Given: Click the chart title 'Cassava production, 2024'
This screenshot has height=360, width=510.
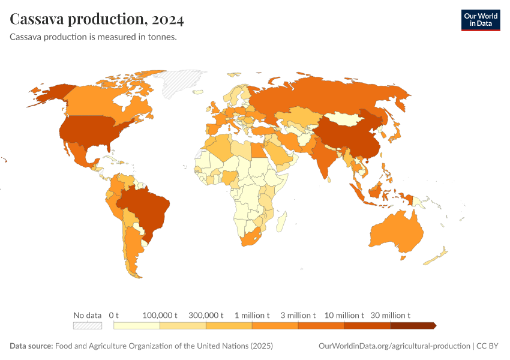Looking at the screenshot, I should pyautogui.click(x=97, y=19).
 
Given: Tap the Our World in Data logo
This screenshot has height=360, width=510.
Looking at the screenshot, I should pyautogui.click(x=480, y=20).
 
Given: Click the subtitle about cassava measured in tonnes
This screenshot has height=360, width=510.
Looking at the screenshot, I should pyautogui.click(x=93, y=37).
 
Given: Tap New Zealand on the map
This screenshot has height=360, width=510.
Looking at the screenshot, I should pyautogui.click(x=437, y=256).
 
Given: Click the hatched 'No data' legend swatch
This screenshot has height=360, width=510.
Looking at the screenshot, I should pyautogui.click(x=87, y=326).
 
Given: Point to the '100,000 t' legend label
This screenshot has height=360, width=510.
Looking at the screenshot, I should pyautogui.click(x=160, y=315).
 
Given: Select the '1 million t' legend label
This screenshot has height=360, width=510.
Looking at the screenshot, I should pyautogui.click(x=252, y=315).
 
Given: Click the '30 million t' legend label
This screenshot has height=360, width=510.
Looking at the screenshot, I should pyautogui.click(x=390, y=315).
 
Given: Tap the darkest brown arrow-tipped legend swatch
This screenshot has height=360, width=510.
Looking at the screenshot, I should pyautogui.click(x=413, y=326).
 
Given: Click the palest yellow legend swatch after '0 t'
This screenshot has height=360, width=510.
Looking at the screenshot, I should pyautogui.click(x=137, y=326).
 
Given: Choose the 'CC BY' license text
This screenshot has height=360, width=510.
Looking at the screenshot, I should pyautogui.click(x=488, y=346).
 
